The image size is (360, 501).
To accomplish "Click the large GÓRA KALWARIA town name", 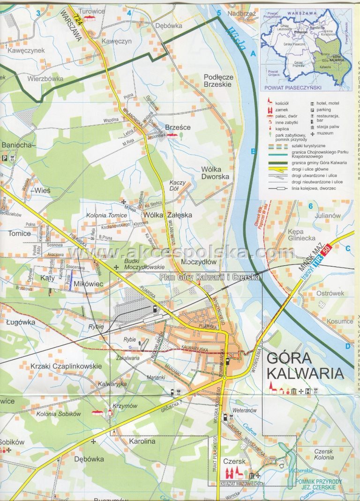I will pos(304,366).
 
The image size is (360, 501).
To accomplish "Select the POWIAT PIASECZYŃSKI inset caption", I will pos(292,87).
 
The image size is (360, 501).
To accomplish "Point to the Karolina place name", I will pos(142,441).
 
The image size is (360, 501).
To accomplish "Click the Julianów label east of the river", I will pos(327,216).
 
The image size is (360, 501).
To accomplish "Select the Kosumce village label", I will pos(340,322).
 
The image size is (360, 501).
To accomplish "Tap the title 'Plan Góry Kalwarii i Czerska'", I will pos(210,277).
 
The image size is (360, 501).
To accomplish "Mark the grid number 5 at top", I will pos(219,13).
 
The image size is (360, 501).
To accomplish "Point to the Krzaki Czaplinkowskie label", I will pos(66,366).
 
